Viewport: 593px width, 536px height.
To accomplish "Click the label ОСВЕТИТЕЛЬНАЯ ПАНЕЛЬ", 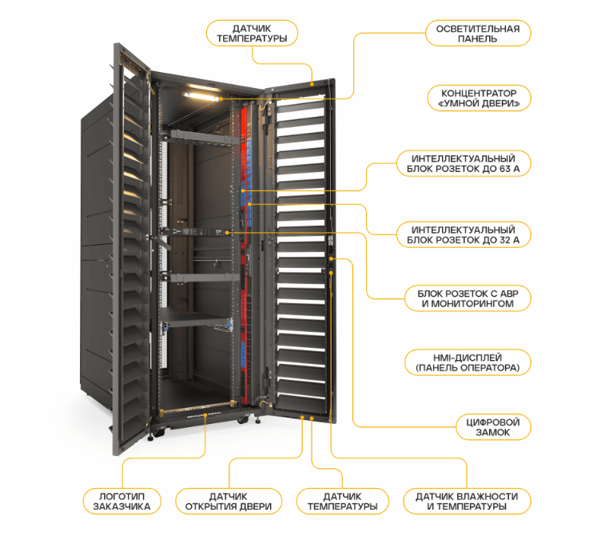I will [x=477, y=34].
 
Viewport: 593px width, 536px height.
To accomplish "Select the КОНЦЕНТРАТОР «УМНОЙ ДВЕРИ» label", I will [x=477, y=98].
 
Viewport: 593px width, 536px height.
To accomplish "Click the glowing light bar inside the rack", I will [x=201, y=95].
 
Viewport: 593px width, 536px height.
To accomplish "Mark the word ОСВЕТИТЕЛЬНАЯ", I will [x=477, y=28].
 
